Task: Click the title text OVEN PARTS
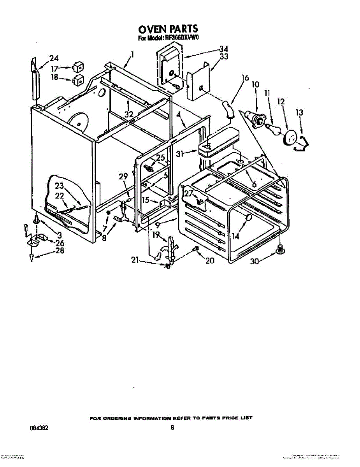(x=168, y=29)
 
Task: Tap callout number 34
(x=223, y=49)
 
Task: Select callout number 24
(x=54, y=58)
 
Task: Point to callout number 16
(x=245, y=78)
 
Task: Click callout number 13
(x=299, y=112)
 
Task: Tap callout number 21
(x=135, y=260)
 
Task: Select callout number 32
(x=129, y=114)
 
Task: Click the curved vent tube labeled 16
(x=228, y=109)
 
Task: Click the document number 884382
(x=39, y=427)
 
